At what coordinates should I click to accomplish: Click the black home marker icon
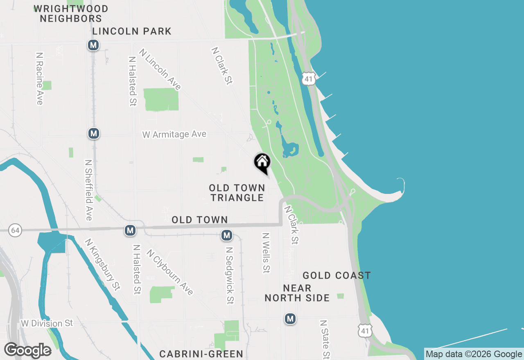click(x=262, y=162)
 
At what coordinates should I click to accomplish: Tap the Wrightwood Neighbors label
click(x=71, y=13)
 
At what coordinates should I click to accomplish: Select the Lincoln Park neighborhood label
click(x=132, y=31)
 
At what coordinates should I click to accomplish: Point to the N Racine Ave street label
click(x=40, y=78)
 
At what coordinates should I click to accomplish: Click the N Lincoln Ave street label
click(x=160, y=69)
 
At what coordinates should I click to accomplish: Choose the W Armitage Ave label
click(x=174, y=134)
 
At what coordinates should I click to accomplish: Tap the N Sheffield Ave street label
click(x=88, y=190)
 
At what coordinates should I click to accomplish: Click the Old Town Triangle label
click(x=237, y=193)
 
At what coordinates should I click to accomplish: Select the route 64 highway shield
click(x=15, y=231)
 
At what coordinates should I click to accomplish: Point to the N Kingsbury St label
click(x=102, y=264)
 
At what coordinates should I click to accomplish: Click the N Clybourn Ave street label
click(x=169, y=272)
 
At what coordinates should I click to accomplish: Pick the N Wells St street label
click(x=267, y=253)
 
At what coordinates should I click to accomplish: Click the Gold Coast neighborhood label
click(x=337, y=275)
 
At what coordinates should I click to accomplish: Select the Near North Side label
click(x=297, y=293)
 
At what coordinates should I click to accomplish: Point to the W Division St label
click(x=47, y=323)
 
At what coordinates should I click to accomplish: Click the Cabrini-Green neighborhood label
click(x=201, y=353)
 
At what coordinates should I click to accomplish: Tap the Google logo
click(x=28, y=351)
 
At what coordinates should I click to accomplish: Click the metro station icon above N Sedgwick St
click(x=227, y=235)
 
